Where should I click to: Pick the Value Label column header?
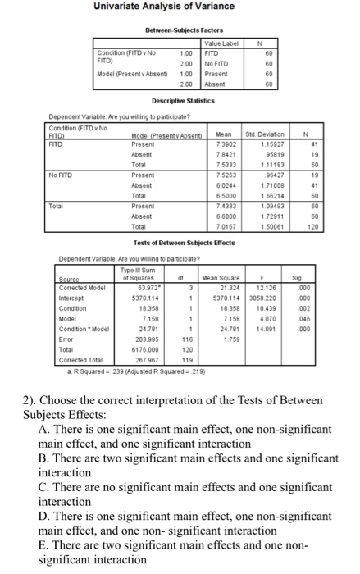pyautogui.click(x=220, y=44)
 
